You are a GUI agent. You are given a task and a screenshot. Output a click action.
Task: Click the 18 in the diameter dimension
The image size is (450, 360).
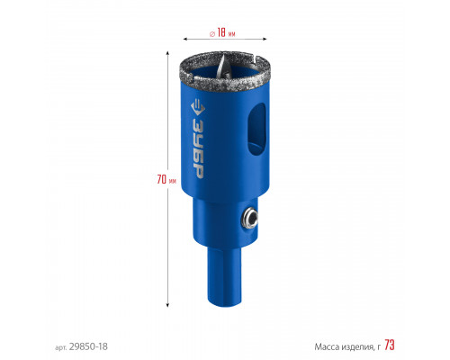221,32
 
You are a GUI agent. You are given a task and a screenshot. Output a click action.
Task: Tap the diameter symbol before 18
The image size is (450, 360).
212,34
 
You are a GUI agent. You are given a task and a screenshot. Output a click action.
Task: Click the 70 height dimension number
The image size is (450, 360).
162,179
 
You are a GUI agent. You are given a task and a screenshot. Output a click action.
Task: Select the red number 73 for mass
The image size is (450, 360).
390,345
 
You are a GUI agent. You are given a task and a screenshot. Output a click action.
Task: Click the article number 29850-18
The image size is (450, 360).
88,346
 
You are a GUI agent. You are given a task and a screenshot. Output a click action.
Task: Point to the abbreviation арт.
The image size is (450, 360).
61,347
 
